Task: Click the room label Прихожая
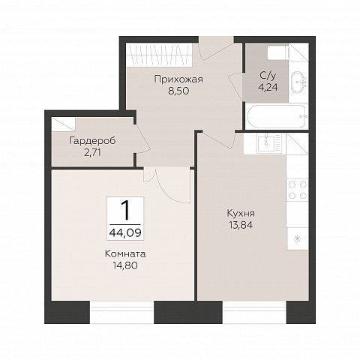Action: tap(178, 79)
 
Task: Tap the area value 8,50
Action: tap(178, 91)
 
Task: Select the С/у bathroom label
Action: tap(268, 75)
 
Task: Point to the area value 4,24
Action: tap(268, 87)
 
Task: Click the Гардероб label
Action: tap(92, 141)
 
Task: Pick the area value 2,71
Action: tap(92, 152)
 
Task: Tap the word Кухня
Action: tap(241, 214)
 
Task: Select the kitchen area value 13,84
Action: tap(241, 225)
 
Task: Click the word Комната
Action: tap(125, 254)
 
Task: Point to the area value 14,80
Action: tap(125, 265)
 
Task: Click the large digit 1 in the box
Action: tap(125, 211)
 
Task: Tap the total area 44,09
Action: tap(125, 233)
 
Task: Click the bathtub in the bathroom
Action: tap(277, 117)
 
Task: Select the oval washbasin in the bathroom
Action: tap(299, 82)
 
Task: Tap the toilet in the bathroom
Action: tap(278, 52)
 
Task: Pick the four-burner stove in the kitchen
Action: tap(297, 190)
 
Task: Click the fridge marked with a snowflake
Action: tap(297, 238)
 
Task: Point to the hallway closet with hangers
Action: tap(159, 55)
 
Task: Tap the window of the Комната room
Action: tap(121, 312)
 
